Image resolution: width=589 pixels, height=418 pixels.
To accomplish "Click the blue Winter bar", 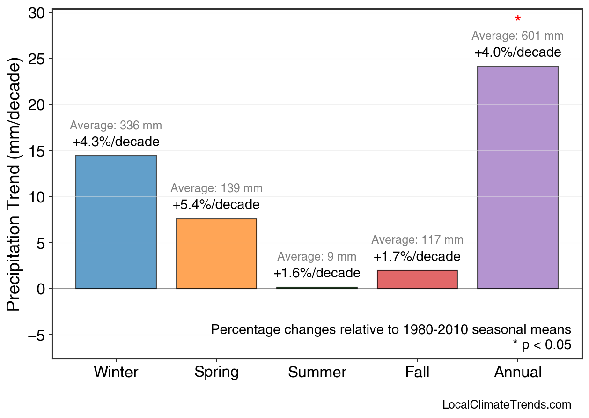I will (116, 222).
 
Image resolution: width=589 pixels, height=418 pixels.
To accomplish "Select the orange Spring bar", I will (216, 254).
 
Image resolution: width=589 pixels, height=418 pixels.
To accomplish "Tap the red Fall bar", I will (417, 280).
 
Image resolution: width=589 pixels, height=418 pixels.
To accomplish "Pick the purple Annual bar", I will (517, 178).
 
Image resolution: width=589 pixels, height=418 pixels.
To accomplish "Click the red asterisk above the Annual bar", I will (518, 20).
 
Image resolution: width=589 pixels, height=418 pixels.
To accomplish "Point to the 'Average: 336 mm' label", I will (116, 126).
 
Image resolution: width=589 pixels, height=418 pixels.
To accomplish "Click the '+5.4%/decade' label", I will (216, 205).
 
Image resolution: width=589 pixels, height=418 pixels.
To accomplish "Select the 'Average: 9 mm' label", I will (317, 257).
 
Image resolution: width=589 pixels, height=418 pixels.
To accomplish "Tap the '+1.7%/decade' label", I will (417, 257).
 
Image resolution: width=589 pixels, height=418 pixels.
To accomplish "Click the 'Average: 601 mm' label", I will (517, 36).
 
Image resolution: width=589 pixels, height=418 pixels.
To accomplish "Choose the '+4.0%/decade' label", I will (517, 52).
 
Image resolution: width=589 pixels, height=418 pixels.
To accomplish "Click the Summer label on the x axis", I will (317, 373).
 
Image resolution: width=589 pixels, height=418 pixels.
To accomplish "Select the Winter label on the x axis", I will (116, 373).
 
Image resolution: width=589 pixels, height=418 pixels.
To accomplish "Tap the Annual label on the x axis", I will (518, 373).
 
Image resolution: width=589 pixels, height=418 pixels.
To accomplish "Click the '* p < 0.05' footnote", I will (542, 345).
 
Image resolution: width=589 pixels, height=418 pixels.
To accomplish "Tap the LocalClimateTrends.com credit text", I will (507, 405).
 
